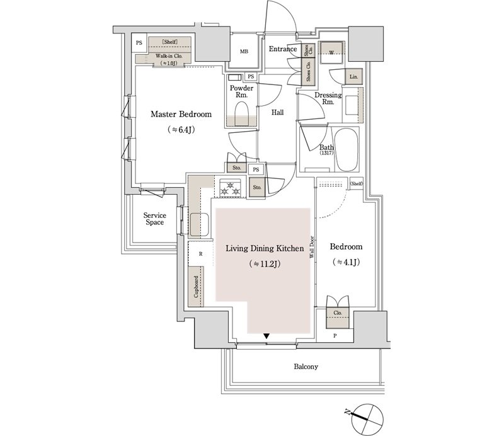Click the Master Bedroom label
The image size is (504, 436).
pyautogui.click(x=181, y=114)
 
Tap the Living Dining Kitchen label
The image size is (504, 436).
pyautogui.click(x=265, y=248)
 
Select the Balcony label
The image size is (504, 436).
pyautogui.click(x=306, y=367)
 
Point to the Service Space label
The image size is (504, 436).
pyautogui.click(x=154, y=219)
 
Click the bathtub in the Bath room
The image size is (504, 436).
pyautogui.click(x=346, y=150)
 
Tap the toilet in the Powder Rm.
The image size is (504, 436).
pyautogui.click(x=242, y=114)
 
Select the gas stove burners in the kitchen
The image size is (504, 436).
pyautogui.click(x=230, y=188)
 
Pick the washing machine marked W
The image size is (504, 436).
pyautogui.click(x=331, y=52)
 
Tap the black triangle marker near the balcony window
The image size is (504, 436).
pyautogui.click(x=266, y=336)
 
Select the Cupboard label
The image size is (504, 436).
pyautogui.click(x=196, y=286)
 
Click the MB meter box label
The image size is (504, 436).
pyautogui.click(x=244, y=52)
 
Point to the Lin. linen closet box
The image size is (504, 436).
pyautogui.click(x=353, y=77)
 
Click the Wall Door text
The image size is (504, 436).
pyautogui.click(x=311, y=248)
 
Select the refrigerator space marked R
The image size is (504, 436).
pyautogui.click(x=200, y=254)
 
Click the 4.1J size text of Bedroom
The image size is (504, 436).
pyautogui.click(x=346, y=262)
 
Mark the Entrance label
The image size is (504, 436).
pyautogui.click(x=283, y=49)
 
